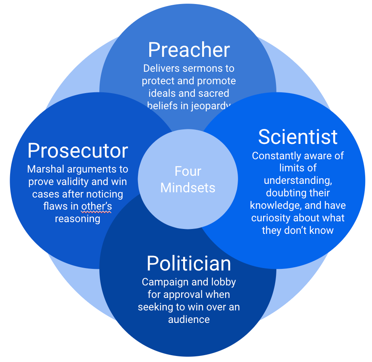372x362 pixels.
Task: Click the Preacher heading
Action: tap(189, 50)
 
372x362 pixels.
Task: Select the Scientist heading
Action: tap(298, 137)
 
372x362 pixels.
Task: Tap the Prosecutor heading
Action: tap(77, 151)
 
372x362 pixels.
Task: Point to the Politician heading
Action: tap(189, 264)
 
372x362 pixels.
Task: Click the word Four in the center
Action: tap(188, 171)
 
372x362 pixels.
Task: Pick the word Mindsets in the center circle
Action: tap(188, 187)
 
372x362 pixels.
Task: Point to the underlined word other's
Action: tap(96, 206)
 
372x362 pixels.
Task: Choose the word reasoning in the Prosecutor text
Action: tap(77, 219)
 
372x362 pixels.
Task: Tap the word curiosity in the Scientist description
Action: tap(272, 218)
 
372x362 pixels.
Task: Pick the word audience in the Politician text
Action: tap(189, 320)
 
